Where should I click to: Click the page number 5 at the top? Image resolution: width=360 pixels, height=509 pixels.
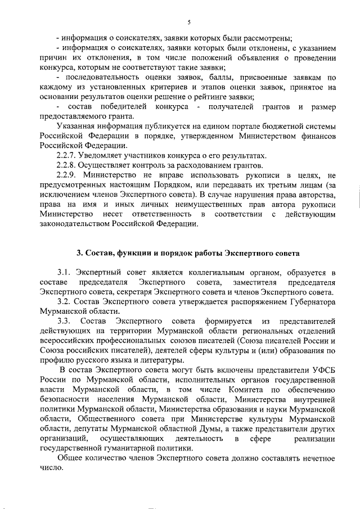click(189, 22)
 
